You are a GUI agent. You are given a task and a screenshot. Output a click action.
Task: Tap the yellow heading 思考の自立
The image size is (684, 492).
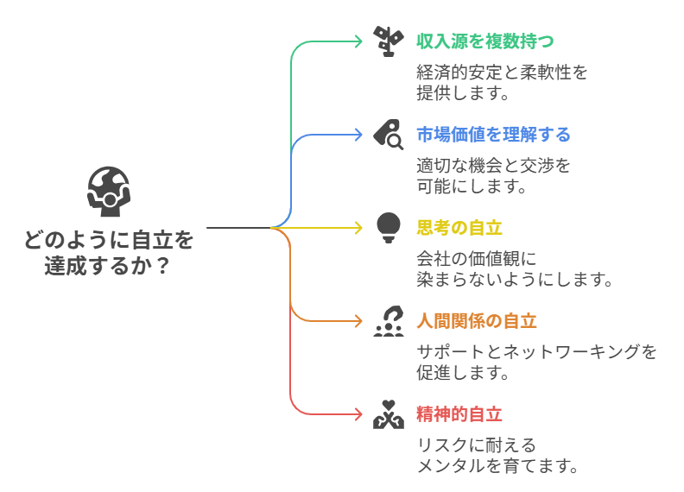[x=459, y=228]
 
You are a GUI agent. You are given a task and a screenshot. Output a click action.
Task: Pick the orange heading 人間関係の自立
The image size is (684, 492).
[x=476, y=321]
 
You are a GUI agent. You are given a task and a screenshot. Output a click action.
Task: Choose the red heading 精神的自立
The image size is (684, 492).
[x=459, y=414]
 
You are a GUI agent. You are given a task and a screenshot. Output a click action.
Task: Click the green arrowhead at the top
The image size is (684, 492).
[x=359, y=41]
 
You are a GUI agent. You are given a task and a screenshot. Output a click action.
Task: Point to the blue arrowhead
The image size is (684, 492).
[x=359, y=134]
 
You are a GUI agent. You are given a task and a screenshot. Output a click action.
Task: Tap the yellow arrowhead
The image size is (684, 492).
[x=359, y=228]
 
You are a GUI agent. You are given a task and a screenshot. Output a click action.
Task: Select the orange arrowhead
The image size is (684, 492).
[x=359, y=321]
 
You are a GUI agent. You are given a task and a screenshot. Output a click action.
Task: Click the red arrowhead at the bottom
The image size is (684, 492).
[x=359, y=414]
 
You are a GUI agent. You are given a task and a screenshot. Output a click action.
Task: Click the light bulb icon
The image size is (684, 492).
[x=389, y=227]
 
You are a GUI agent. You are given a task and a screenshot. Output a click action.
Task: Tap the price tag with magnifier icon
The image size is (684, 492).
[x=389, y=134]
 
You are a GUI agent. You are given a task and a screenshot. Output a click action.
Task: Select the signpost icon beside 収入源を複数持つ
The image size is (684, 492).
[x=388, y=41]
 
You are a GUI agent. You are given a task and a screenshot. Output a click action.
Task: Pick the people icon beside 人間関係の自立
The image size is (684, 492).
[x=389, y=321]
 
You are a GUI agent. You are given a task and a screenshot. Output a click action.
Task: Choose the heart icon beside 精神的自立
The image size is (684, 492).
[x=389, y=414]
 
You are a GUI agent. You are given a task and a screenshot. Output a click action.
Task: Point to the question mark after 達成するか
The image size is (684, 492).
[x=161, y=266]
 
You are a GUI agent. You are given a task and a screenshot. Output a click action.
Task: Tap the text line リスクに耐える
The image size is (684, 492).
[x=476, y=445]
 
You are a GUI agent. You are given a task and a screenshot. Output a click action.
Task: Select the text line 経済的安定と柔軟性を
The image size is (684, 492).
[x=502, y=72]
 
